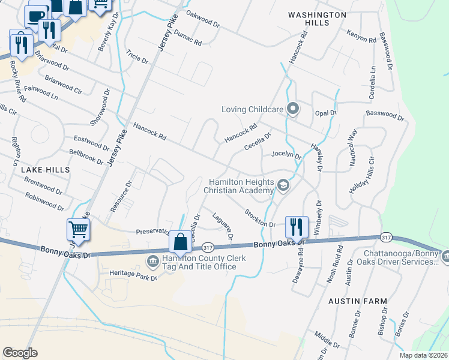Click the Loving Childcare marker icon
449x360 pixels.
coord(293,109)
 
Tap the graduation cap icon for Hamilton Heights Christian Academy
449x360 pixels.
coord(283,187)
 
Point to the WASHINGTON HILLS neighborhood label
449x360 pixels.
coord(316,18)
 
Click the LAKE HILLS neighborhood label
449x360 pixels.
coord(46,170)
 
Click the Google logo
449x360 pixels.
coord(20,352)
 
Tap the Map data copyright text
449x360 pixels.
coord(424,355)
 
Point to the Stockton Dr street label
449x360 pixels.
coord(259,218)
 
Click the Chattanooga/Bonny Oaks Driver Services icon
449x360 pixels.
coord(445,257)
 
